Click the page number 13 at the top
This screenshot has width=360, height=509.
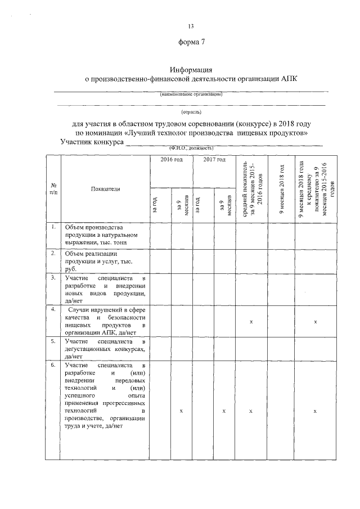(x=191, y=26)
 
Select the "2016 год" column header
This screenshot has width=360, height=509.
(x=171, y=160)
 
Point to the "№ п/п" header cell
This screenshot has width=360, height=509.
(x=52, y=188)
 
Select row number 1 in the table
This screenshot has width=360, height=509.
(x=52, y=227)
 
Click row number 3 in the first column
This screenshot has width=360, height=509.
(x=52, y=278)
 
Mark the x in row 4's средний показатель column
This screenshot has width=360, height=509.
(x=251, y=321)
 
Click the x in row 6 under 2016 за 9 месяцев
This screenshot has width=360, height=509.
(x=181, y=412)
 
